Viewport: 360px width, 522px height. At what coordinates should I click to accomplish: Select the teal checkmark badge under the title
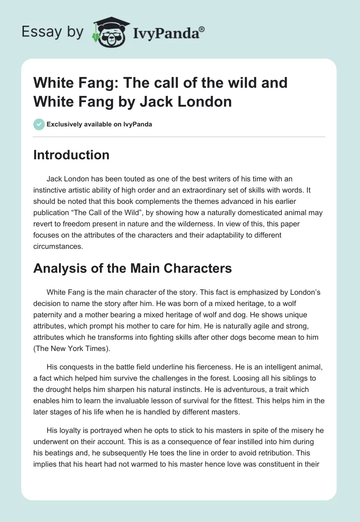(x=39, y=124)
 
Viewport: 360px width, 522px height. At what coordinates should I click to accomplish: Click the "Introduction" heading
(x=72, y=155)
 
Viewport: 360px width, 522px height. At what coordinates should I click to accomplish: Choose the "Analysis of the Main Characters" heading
(x=133, y=268)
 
